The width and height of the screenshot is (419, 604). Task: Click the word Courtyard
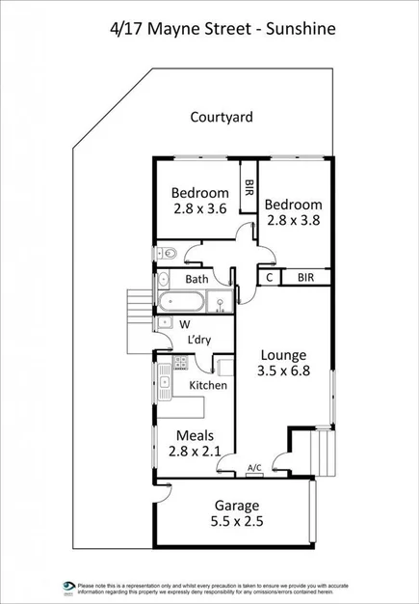click(222, 118)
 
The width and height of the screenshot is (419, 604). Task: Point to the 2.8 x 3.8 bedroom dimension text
click(294, 219)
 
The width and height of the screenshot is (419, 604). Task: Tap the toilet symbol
click(166, 253)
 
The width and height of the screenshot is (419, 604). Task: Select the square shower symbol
click(223, 301)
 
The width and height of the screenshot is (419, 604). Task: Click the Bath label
click(196, 280)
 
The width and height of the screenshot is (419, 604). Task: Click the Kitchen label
click(208, 385)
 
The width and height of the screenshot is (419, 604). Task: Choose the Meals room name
click(196, 436)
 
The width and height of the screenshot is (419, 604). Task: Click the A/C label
click(254, 468)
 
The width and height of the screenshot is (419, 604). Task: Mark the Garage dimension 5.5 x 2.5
click(237, 521)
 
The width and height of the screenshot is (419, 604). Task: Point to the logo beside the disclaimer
click(68, 587)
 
